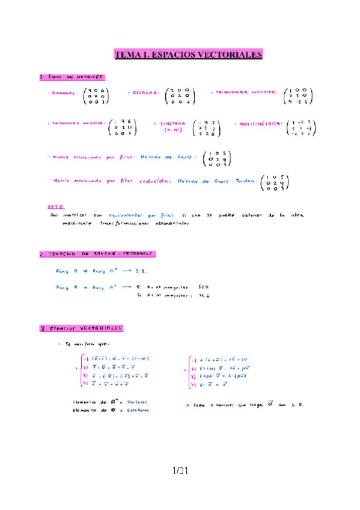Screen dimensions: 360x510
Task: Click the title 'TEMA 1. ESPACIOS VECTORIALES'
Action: pos(189,55)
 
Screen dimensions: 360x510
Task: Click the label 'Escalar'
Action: pos(143,93)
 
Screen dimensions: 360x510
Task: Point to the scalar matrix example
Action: pos(180,96)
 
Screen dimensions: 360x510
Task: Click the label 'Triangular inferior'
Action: pos(244,92)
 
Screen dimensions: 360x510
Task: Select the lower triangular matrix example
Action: pos(296,95)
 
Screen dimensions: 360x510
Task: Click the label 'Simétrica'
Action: pos(172,124)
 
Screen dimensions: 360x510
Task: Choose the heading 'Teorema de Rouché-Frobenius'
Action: pos(97,254)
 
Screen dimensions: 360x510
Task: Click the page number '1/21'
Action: pos(180,471)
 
